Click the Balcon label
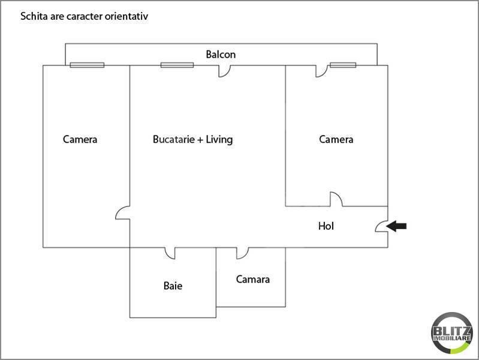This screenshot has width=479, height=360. (x=221, y=55)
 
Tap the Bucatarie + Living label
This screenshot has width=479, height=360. (x=193, y=139)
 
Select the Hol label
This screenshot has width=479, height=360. (x=326, y=226)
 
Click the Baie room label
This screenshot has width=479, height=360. (x=173, y=286)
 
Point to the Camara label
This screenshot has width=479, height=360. (x=252, y=279)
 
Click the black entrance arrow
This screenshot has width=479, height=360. (x=396, y=226)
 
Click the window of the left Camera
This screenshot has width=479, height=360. (x=87, y=65)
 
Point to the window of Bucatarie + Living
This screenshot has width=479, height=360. (x=177, y=65)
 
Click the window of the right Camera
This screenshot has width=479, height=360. (x=343, y=65)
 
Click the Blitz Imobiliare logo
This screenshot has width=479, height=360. (x=451, y=333)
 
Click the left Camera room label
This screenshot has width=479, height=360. (x=80, y=139)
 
